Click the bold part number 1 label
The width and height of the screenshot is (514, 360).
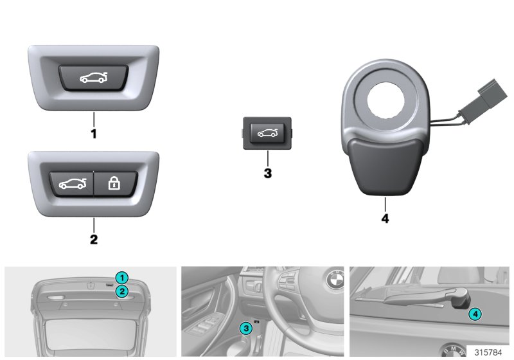pyautogui.click(x=93, y=136)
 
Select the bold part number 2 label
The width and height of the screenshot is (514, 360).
pyautogui.click(x=93, y=239)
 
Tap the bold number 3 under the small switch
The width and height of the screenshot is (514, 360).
pyautogui.click(x=267, y=173)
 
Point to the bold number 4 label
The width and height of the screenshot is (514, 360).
pyautogui.click(x=384, y=218)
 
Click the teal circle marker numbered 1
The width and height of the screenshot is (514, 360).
pyautogui.click(x=123, y=278)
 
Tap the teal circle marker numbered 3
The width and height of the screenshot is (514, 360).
pyautogui.click(x=245, y=328)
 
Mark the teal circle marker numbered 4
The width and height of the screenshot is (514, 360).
pyautogui.click(x=474, y=314)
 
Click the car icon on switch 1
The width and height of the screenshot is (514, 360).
pyautogui.click(x=94, y=79)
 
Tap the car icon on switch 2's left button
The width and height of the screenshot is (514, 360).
pyautogui.click(x=72, y=184)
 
